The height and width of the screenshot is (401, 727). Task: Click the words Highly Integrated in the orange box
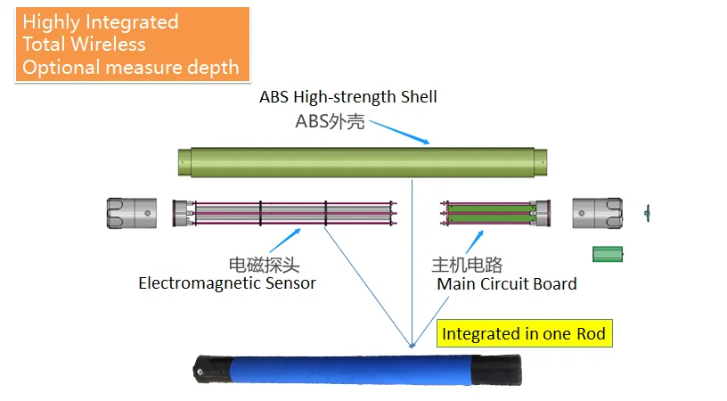(100, 22)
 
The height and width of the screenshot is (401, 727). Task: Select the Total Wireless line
(84, 45)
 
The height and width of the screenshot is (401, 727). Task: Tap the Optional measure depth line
(130, 67)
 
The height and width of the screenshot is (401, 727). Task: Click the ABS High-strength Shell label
(347, 97)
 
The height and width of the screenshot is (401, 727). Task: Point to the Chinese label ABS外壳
(330, 122)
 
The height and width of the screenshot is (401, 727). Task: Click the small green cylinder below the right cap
(608, 255)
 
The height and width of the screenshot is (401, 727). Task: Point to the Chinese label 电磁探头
(265, 265)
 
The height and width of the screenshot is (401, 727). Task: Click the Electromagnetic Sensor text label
(227, 284)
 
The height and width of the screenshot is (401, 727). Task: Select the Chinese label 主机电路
(467, 265)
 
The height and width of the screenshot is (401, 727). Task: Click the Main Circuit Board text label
(506, 284)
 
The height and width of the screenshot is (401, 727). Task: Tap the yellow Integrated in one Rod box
(524, 334)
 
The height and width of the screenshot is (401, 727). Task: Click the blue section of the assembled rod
(347, 367)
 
